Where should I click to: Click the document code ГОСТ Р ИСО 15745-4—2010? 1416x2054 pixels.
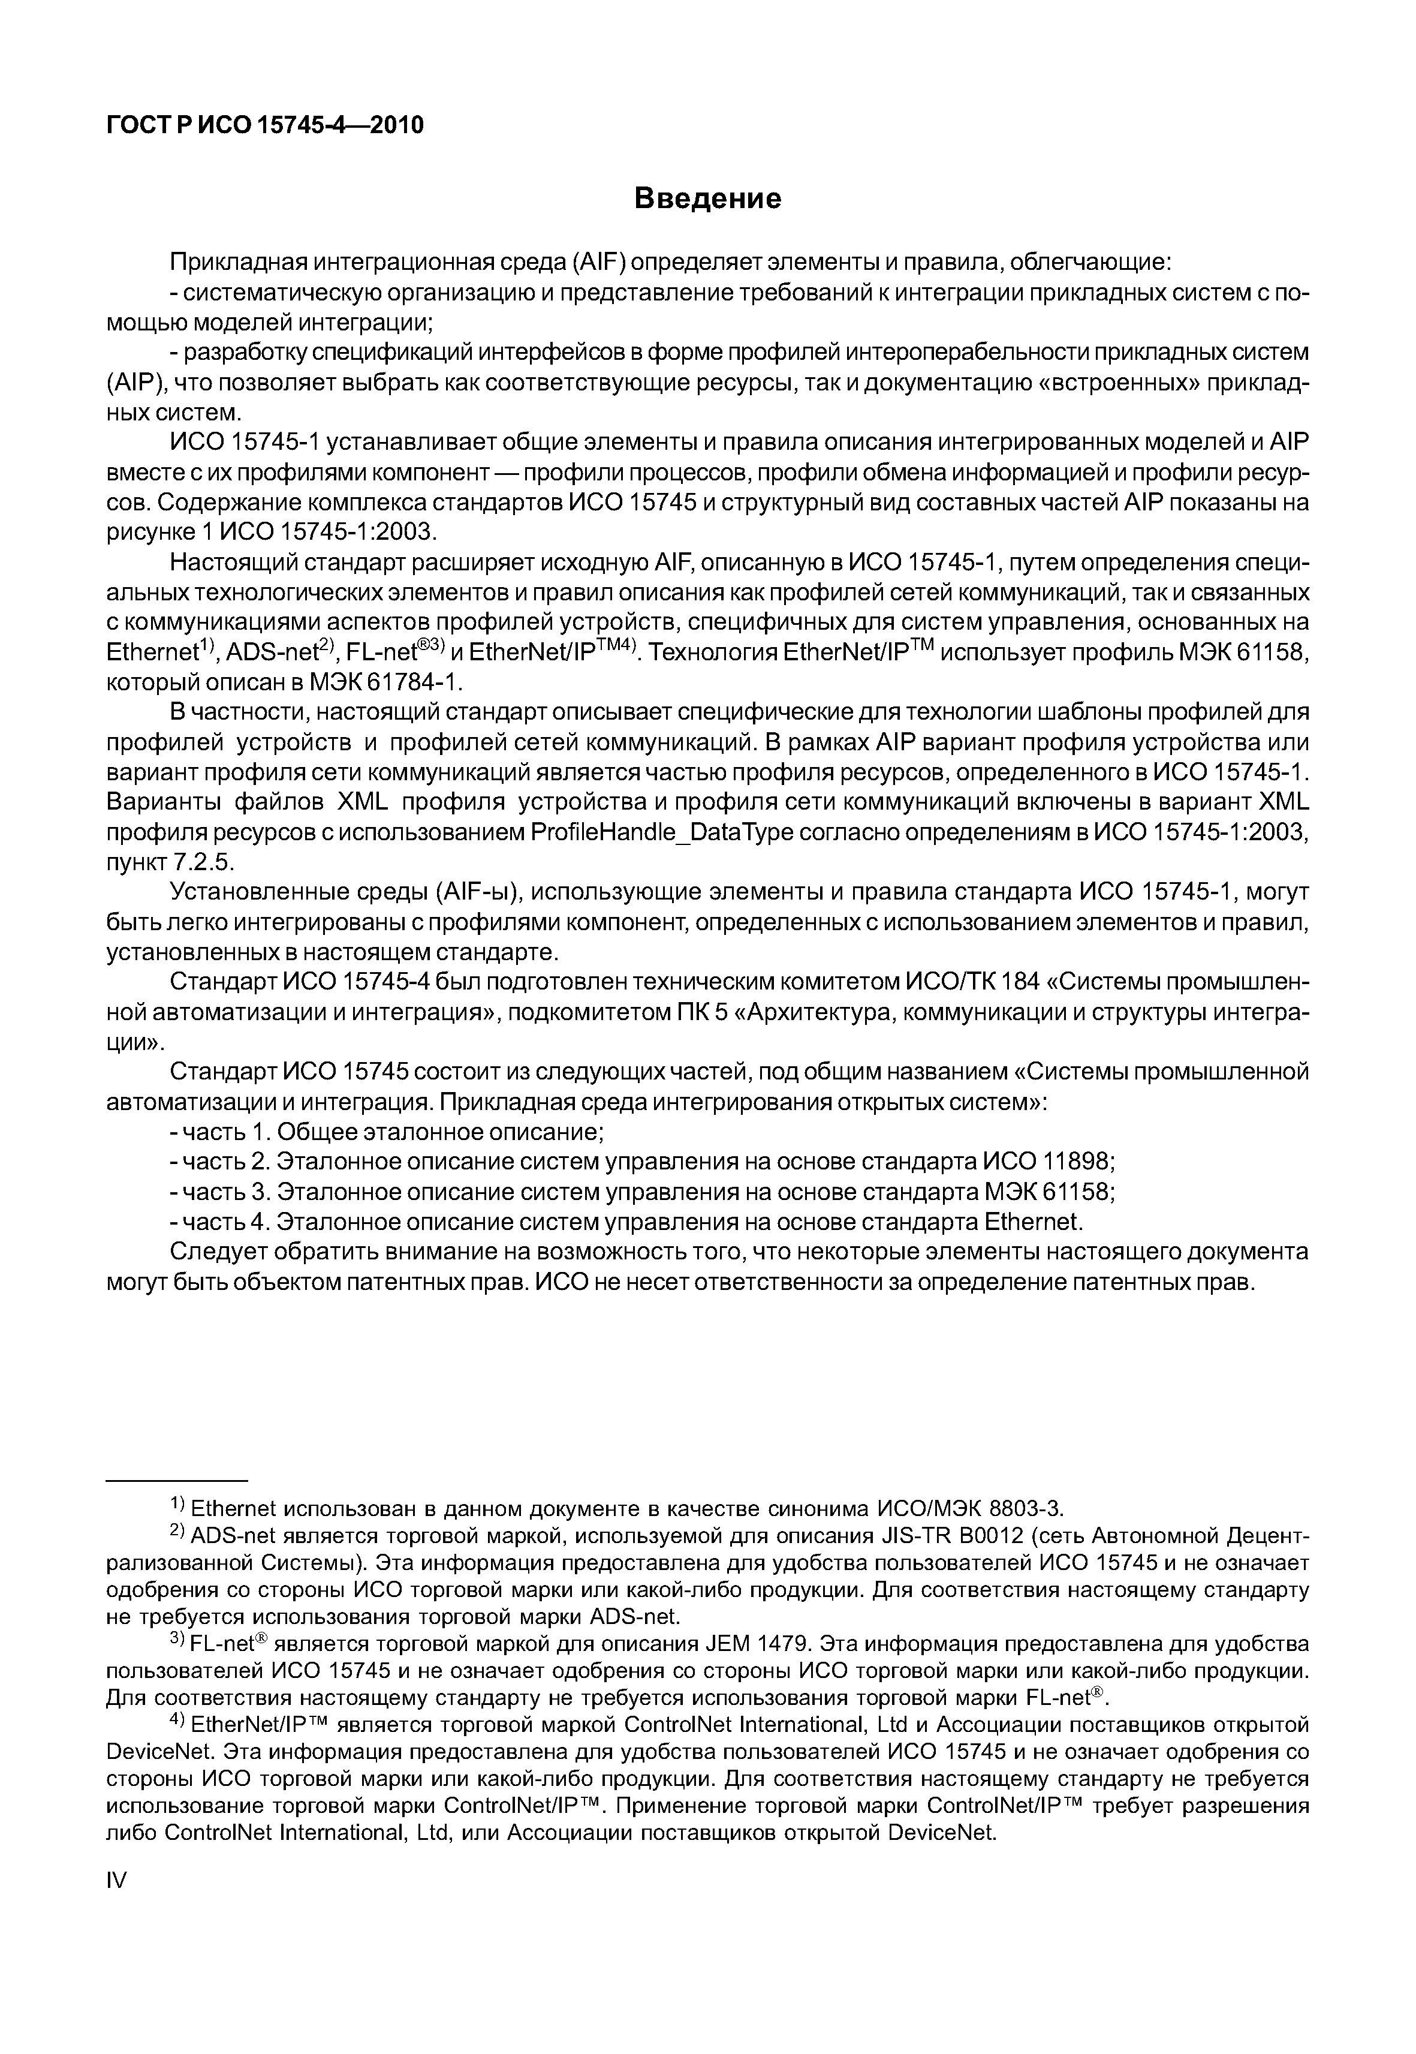264,125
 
